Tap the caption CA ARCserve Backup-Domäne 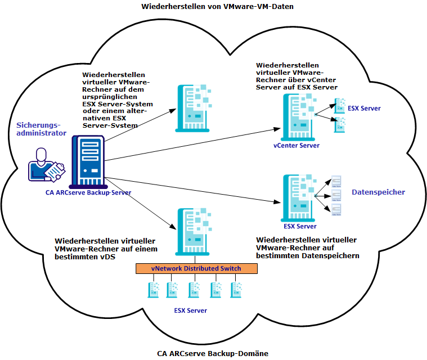(x=213, y=353)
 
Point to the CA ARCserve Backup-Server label (x=88, y=192)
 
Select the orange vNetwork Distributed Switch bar (x=196, y=268)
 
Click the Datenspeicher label (x=378, y=192)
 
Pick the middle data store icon (x=337, y=195)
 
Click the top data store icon (x=337, y=181)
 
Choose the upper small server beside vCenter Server (x=340, y=105)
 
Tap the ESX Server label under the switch (x=190, y=310)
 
